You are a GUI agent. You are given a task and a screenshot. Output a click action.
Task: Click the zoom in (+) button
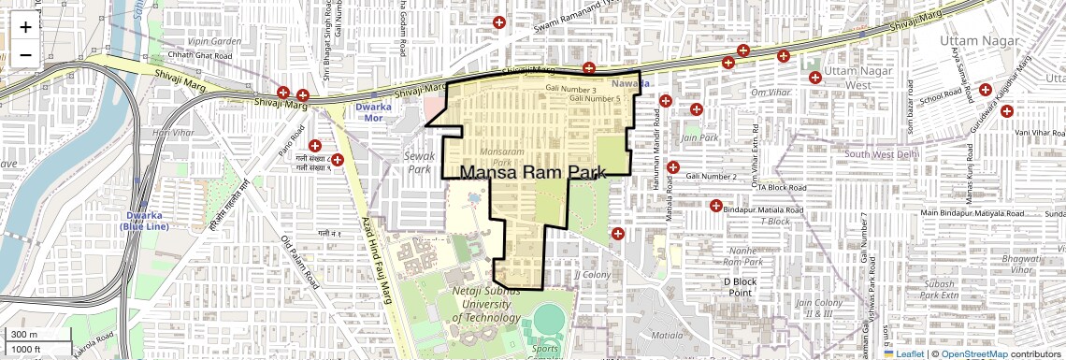tap(25, 26)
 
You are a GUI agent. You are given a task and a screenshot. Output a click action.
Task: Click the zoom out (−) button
tap(25, 53)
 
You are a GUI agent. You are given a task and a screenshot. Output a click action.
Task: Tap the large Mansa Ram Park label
tap(534, 173)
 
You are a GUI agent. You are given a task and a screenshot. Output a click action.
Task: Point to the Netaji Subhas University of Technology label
tap(486, 305)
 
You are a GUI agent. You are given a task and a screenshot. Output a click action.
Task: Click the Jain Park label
tap(699, 137)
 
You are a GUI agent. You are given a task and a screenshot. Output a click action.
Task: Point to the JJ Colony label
tap(592, 275)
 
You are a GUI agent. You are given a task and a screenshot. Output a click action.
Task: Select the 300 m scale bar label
tap(24, 335)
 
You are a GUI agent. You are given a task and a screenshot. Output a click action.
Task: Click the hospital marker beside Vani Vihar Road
tap(1007, 111)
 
